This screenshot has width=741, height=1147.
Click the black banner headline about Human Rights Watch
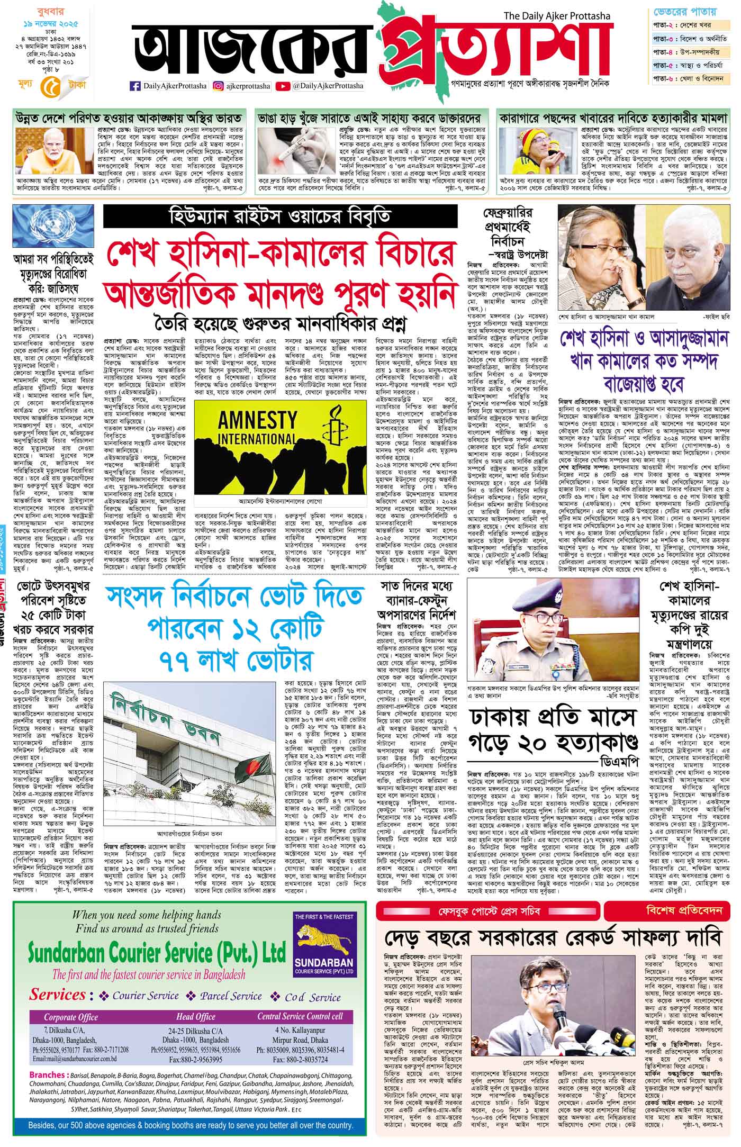[x=280, y=217]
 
